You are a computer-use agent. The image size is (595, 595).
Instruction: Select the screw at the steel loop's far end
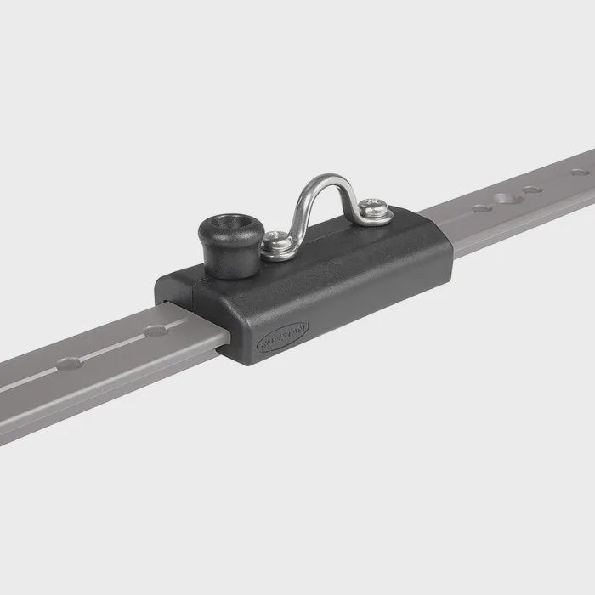tap(371, 208)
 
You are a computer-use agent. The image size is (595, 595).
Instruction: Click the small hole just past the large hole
tap(533, 190)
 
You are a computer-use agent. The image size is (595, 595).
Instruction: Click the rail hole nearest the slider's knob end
tap(156, 329)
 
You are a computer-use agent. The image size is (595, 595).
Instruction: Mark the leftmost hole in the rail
tap(69, 363)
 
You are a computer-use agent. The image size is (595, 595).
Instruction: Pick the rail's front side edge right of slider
tap(527, 223)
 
